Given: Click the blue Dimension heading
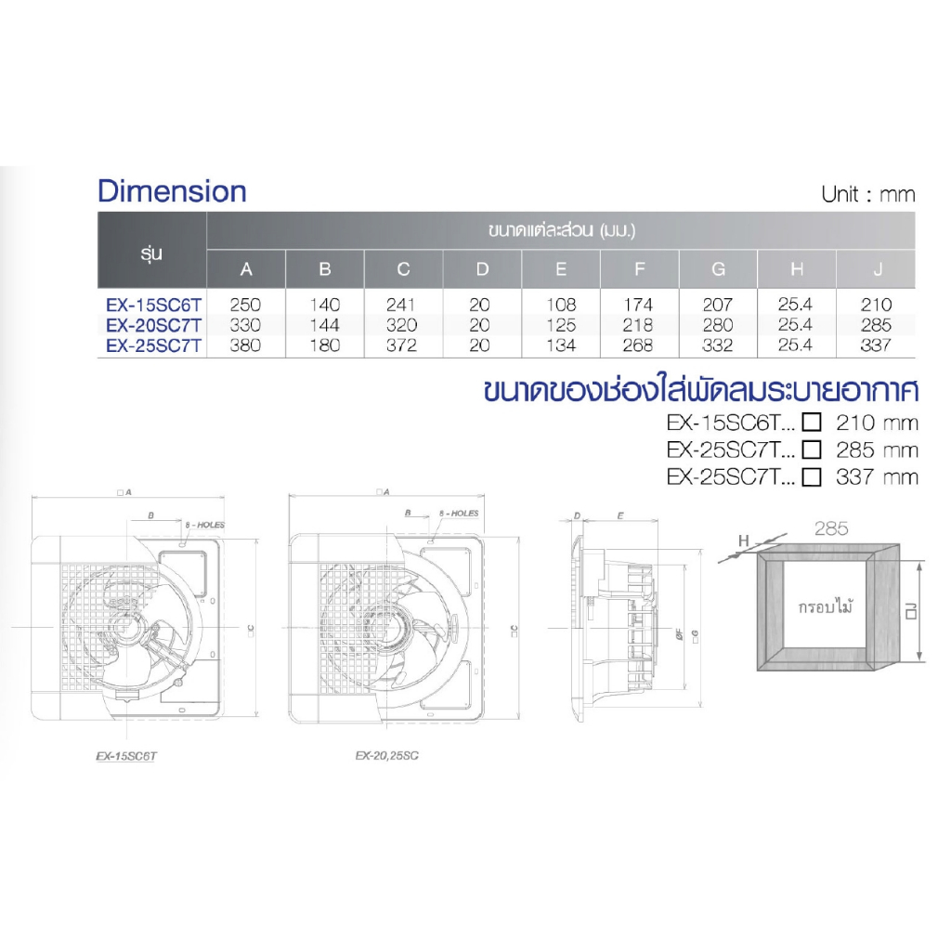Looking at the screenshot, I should pyautogui.click(x=172, y=191).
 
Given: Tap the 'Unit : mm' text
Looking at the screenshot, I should pyautogui.click(x=867, y=194).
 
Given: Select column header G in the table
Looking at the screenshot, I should pyautogui.click(x=718, y=269).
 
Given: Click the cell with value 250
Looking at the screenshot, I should pyautogui.click(x=246, y=305).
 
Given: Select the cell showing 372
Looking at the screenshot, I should pyautogui.click(x=403, y=345).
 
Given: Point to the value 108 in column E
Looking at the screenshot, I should pyautogui.click(x=561, y=305).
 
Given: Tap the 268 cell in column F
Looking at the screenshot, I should pyautogui.click(x=639, y=345).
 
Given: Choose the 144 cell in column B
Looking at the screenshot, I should pyautogui.click(x=324, y=325).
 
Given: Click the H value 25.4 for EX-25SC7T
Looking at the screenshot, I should pyautogui.click(x=797, y=345).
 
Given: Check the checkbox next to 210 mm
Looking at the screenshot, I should pyautogui.click(x=813, y=423).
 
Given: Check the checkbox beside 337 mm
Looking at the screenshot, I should pyautogui.click(x=813, y=477).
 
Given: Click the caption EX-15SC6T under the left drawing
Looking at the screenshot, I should pyautogui.click(x=129, y=756).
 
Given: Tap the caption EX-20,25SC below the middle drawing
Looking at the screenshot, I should pyautogui.click(x=386, y=756).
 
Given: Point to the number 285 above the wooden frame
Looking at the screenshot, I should pyautogui.click(x=830, y=528).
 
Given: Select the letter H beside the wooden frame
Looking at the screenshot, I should pyautogui.click(x=743, y=540).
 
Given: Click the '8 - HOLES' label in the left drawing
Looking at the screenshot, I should pyautogui.click(x=204, y=525).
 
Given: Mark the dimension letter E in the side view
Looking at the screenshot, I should pyautogui.click(x=619, y=514).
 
